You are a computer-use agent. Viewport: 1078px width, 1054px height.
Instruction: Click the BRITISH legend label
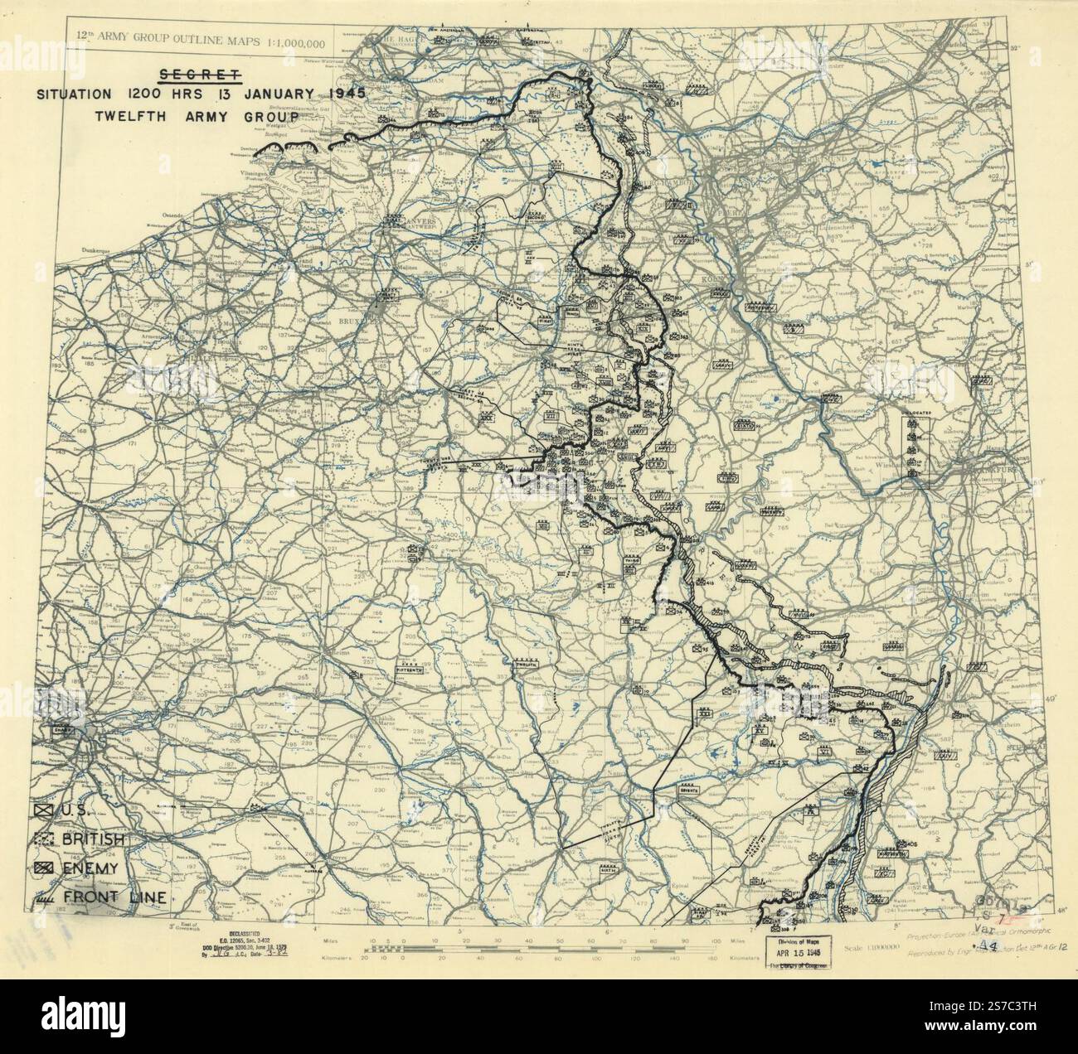click(x=92, y=839)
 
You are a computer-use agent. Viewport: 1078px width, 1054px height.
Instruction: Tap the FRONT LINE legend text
click(x=114, y=897)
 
